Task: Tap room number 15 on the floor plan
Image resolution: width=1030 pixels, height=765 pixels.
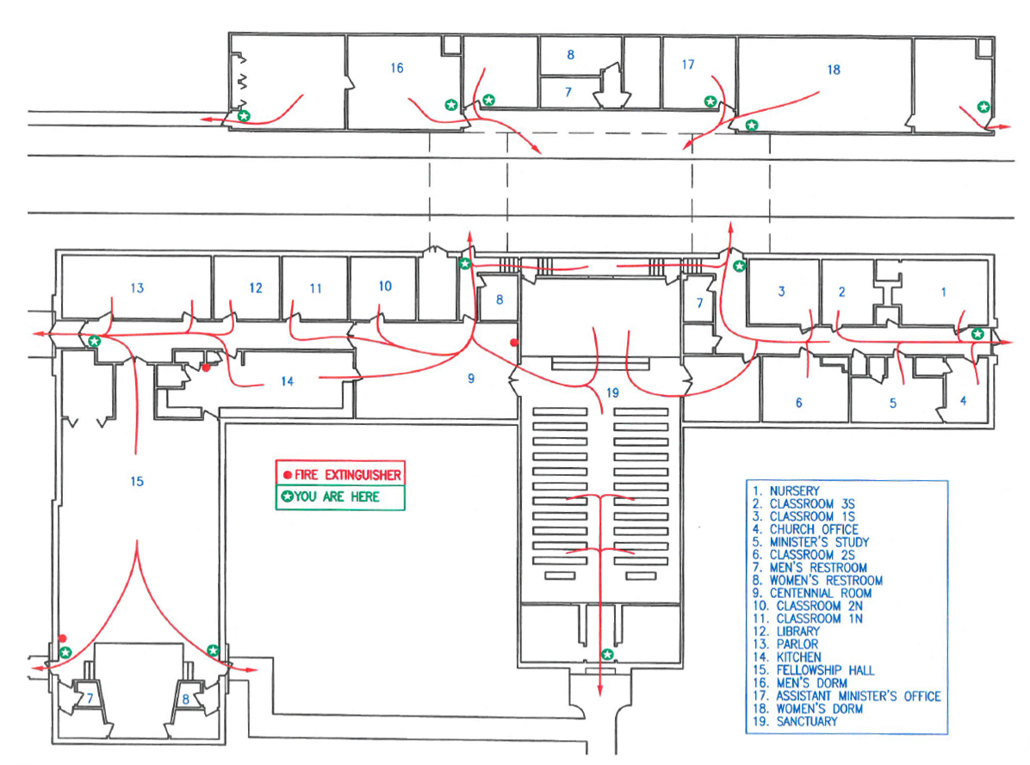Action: tap(137, 481)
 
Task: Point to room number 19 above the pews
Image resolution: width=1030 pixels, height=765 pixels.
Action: tap(612, 392)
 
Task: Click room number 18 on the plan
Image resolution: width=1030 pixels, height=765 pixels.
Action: tap(833, 70)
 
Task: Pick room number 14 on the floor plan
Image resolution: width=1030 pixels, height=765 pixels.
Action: tap(287, 381)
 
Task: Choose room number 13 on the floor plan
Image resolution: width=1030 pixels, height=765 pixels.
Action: tap(137, 287)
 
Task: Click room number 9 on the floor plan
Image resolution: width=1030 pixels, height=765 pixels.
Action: tap(471, 378)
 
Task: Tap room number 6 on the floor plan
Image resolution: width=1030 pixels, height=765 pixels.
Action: tap(798, 403)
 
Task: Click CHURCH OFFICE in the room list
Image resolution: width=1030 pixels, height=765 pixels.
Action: tap(814, 530)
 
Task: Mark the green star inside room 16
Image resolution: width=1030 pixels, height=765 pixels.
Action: tap(451, 104)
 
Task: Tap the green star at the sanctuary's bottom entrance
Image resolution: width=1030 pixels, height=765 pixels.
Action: tap(608, 655)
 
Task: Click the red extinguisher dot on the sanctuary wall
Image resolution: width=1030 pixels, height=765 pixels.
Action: tap(514, 342)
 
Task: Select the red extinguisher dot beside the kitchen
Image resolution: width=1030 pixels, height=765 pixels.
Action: tap(207, 367)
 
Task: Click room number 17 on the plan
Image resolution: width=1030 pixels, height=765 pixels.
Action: tap(686, 65)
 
